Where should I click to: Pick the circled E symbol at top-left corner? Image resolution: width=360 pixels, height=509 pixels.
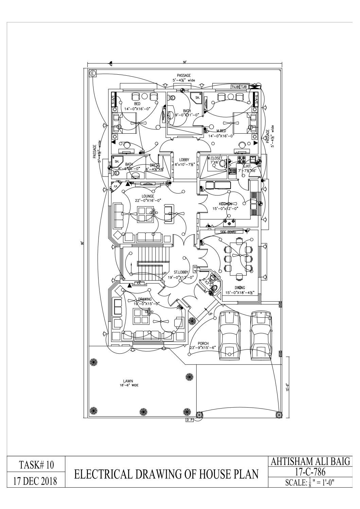coord(92,73)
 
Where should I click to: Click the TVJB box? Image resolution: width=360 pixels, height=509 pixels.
coord(235,87)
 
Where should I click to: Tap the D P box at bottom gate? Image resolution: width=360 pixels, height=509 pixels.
coord(190,420)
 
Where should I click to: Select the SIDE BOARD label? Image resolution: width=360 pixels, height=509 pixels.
coord(228,232)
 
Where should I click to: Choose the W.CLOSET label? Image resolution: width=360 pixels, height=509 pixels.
coord(215,158)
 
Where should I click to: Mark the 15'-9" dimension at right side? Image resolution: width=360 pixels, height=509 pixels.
coord(287,387)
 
